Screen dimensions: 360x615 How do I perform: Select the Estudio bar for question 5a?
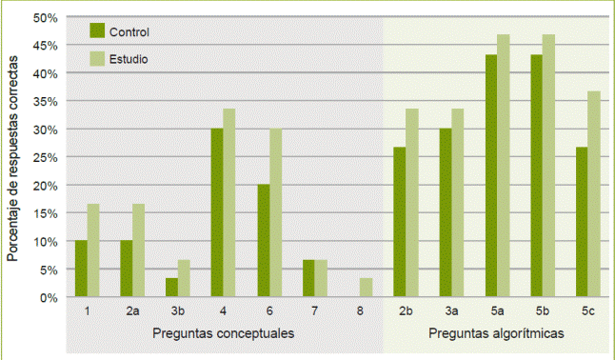(503, 166)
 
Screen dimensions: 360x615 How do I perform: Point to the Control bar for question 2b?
(400, 222)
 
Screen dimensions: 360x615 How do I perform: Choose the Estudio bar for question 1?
(93, 250)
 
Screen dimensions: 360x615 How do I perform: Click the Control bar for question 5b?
(536, 176)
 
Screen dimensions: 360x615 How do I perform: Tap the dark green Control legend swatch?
(96, 30)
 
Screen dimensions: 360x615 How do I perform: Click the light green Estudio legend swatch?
(96, 58)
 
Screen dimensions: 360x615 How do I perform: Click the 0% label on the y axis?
(50, 297)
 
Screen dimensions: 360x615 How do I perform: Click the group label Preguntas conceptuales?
(223, 333)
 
